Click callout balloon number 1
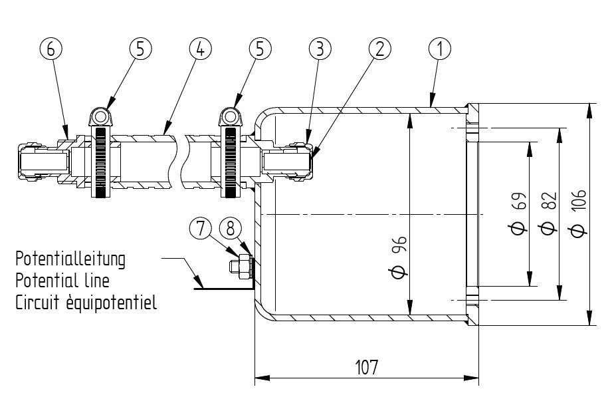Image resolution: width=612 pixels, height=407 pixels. point(439,49)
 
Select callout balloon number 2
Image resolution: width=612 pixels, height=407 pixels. point(380,49)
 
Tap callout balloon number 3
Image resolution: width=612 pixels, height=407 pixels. point(320,49)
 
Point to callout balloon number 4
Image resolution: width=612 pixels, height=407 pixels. point(200,49)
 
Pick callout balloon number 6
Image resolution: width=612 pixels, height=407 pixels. point(51,49)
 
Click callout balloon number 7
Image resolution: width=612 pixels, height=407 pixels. point(201,227)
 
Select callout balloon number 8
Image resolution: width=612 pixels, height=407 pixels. point(231,227)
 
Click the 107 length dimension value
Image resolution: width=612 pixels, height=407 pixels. point(367,367)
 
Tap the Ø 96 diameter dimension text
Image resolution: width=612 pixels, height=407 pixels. point(399,257)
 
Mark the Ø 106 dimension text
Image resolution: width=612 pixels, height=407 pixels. point(578,213)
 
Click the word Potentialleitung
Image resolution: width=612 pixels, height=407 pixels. point(70,259)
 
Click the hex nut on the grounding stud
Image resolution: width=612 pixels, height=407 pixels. point(244,267)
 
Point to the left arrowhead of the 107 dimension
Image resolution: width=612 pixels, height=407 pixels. point(262,378)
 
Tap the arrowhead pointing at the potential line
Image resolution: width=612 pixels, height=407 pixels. point(198,281)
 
